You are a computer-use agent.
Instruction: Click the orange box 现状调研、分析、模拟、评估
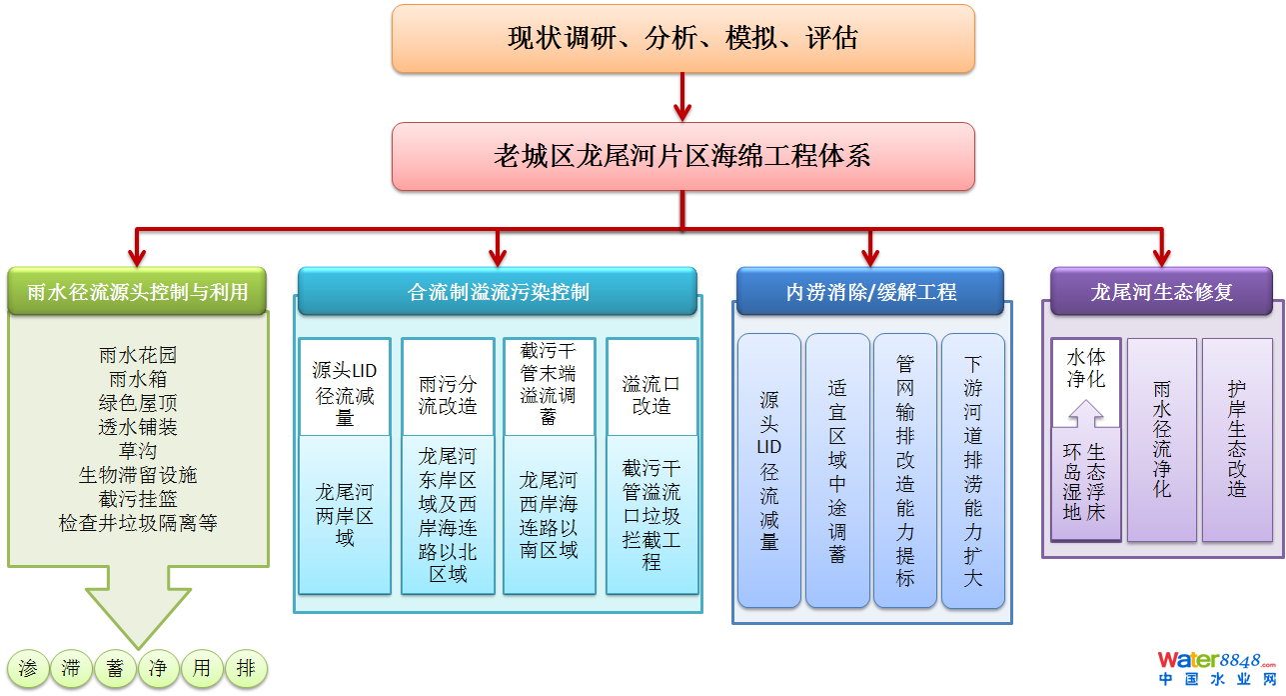click(682, 39)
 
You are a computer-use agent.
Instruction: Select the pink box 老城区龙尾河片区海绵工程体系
click(682, 156)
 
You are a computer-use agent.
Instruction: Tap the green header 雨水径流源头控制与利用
click(137, 292)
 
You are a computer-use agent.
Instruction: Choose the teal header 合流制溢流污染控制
click(498, 292)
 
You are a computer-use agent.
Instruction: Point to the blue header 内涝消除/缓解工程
click(870, 292)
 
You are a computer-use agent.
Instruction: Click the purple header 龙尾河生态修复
click(1161, 292)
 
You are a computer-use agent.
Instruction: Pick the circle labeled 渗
click(28, 669)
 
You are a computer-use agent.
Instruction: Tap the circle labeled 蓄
click(115, 669)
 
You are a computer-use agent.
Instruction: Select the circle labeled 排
click(246, 669)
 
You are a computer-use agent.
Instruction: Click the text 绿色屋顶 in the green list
click(138, 403)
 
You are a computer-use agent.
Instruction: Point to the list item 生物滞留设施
click(138, 475)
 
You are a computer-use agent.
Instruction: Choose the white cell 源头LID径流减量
click(345, 386)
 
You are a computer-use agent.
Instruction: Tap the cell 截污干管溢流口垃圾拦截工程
click(651, 514)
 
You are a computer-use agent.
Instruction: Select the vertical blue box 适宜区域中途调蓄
click(837, 470)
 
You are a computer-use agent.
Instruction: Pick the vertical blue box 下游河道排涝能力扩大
click(972, 470)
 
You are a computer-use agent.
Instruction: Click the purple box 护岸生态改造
click(1237, 440)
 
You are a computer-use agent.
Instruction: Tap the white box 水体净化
click(1086, 368)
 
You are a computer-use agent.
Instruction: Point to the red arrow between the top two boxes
click(683, 97)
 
